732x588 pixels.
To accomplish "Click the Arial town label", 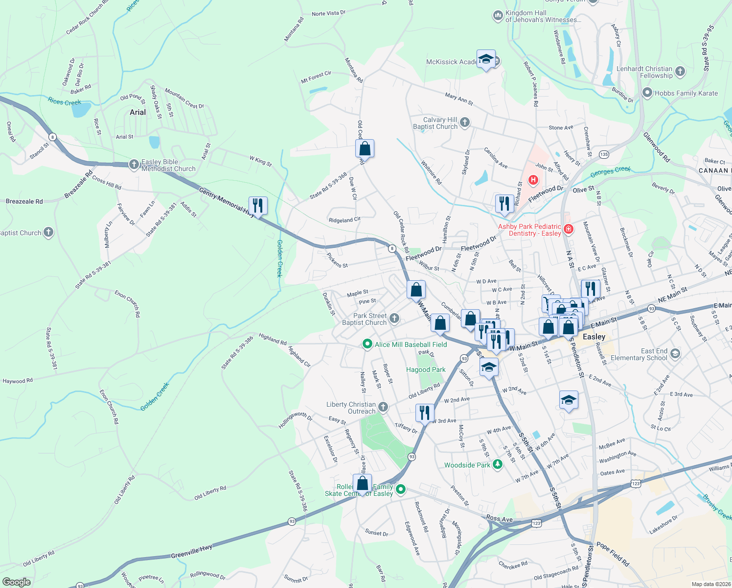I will coord(137,112).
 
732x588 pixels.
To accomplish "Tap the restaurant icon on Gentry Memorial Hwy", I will coord(258,205).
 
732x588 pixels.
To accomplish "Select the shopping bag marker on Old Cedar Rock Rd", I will coord(365,148).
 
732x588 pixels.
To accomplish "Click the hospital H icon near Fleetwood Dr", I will coord(533,180).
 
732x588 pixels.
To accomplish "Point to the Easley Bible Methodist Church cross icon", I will coord(134,165).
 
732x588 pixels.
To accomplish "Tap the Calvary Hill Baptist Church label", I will coord(435,123).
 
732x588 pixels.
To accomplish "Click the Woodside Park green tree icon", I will coord(498,465).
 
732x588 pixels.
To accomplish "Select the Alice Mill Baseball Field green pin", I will coord(367,344).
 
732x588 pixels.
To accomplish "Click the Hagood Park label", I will coord(426,369).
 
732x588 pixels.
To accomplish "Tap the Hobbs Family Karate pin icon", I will coord(647,93).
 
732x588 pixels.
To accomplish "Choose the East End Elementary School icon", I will coord(675,354).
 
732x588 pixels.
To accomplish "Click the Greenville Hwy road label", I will coord(191,552).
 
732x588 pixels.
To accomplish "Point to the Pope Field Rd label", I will coord(613,554).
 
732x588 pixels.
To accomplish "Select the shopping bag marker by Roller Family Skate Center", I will coord(363,483).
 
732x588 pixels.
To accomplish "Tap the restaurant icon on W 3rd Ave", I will coord(425,413).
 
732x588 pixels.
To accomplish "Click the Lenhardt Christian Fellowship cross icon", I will coord(680,72).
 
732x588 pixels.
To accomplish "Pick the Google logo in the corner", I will coord(16,582).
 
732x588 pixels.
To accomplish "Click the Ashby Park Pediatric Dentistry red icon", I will coord(568,229).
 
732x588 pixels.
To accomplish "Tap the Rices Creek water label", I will coord(64,102).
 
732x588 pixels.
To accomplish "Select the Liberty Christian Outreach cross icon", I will coord(383,407).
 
